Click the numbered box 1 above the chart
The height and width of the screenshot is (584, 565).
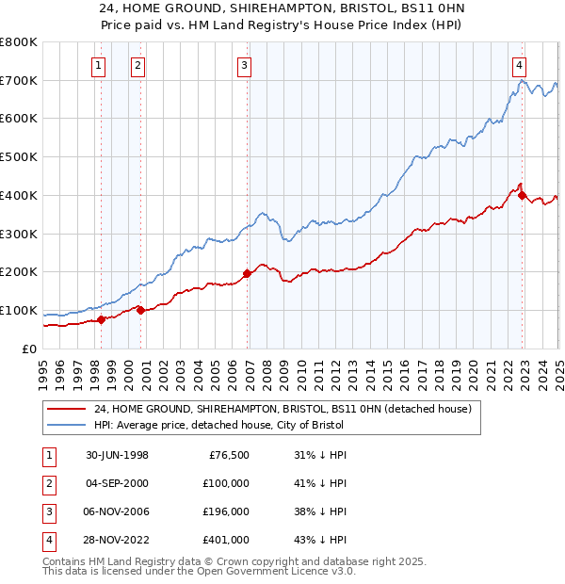(99, 65)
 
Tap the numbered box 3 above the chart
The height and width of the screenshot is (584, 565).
(244, 65)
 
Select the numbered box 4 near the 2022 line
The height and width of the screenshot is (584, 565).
(519, 65)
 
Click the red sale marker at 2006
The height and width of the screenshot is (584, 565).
(248, 273)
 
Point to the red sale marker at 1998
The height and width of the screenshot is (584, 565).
(102, 319)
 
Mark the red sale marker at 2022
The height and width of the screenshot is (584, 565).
(523, 195)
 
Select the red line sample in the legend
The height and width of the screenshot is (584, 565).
(67, 409)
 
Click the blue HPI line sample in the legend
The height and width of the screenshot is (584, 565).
(67, 426)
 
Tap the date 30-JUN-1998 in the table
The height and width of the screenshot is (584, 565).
(117, 455)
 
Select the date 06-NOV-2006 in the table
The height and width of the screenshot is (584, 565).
(117, 511)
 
